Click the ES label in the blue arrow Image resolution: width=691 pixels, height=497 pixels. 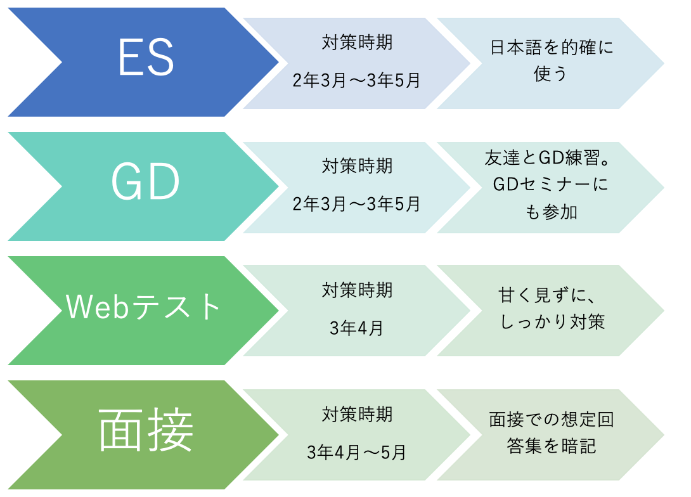146,57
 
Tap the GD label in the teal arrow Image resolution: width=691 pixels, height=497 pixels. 145,181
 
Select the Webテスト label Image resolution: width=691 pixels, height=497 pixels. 143,306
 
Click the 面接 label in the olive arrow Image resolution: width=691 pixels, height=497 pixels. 145,430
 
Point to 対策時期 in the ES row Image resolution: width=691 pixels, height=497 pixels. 357,42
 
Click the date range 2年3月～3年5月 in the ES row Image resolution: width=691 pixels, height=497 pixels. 356,80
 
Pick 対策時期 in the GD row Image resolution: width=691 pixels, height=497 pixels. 357,166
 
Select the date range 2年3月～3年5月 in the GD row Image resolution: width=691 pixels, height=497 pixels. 356,204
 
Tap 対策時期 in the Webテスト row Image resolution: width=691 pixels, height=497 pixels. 357,290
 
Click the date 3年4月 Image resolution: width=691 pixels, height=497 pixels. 356,328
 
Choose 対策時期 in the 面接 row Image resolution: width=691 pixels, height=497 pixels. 357,415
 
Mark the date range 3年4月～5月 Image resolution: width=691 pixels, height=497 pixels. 356,453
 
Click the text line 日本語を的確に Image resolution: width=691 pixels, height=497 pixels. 552,47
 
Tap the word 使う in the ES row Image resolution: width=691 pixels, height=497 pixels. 550,74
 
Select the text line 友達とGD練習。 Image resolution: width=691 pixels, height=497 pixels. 547,158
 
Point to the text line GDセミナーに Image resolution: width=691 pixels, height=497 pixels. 550,184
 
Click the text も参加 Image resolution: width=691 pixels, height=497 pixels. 552,212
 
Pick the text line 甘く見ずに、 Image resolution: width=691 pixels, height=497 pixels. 546,295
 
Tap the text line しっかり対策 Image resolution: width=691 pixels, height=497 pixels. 552,321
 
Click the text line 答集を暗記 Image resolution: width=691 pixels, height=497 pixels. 552,446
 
